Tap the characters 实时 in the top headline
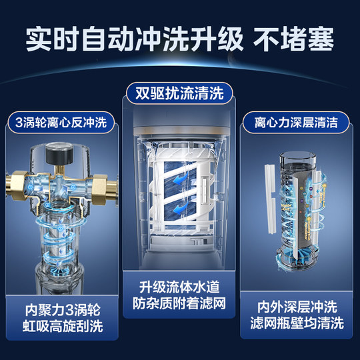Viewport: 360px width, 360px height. click(47, 40)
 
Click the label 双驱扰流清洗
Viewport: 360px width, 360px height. click(181, 92)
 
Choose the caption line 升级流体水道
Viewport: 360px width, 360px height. click(180, 288)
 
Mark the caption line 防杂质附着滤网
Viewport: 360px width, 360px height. click(180, 305)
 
